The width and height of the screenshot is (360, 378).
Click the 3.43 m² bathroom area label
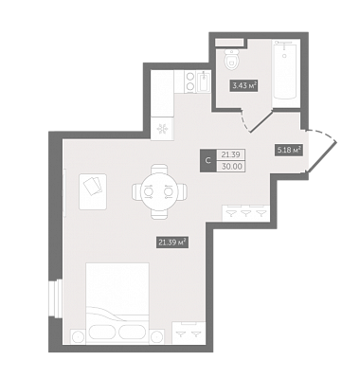(244, 85)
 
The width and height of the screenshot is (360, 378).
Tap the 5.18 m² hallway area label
(289, 150)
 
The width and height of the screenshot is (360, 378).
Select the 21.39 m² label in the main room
(172, 243)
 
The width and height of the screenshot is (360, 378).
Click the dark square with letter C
(208, 160)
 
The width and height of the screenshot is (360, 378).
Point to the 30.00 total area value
(232, 167)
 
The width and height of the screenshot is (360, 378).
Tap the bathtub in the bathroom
(286, 73)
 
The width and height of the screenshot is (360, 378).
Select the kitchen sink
(204, 81)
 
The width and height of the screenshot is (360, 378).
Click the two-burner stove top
(190, 81)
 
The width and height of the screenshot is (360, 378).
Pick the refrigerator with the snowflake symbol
(162, 129)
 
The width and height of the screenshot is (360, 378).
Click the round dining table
(159, 191)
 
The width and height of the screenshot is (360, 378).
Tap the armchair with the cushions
(93, 191)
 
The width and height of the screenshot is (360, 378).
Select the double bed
(117, 303)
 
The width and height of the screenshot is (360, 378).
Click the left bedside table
(78, 336)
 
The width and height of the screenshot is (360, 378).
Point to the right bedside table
(157, 336)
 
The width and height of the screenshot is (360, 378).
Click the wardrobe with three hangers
(246, 213)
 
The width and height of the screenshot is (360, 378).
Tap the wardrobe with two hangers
(189, 333)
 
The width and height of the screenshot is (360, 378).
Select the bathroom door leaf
(261, 121)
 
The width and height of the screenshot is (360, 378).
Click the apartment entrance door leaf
(322, 157)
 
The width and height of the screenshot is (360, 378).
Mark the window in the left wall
(53, 299)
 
